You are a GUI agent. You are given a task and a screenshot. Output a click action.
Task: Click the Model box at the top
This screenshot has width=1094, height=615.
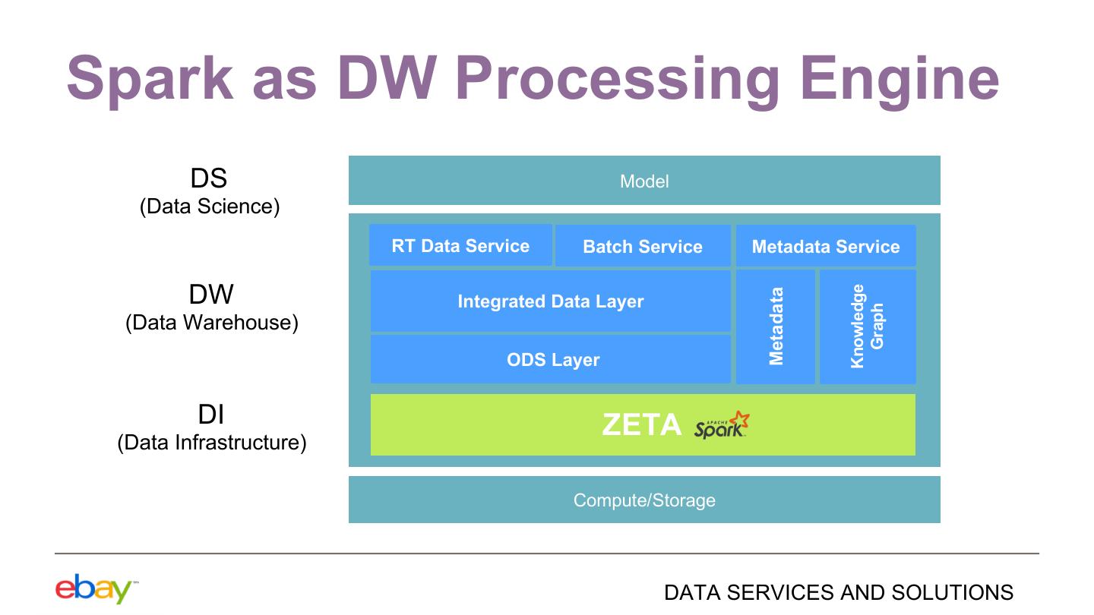(x=644, y=180)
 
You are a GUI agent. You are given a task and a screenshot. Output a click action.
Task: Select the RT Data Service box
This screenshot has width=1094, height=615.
(x=460, y=245)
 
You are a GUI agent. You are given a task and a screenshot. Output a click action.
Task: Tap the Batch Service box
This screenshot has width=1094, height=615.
(x=643, y=245)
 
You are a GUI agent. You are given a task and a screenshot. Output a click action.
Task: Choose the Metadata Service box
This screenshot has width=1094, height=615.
(x=826, y=245)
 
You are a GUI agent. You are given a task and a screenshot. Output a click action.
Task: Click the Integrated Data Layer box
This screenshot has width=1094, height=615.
(x=550, y=301)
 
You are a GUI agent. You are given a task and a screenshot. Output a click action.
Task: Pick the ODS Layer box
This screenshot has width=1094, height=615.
(x=550, y=358)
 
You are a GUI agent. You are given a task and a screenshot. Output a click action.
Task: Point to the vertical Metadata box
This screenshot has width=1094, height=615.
(x=775, y=326)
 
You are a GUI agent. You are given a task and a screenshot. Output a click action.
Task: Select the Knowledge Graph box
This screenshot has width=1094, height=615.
(x=868, y=326)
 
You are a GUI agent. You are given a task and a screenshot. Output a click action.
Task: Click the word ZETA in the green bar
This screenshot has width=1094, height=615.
(x=641, y=424)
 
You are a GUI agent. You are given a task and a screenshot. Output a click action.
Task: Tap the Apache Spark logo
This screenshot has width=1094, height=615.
(x=722, y=424)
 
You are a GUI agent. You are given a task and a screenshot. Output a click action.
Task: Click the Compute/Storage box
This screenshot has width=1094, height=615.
(x=644, y=500)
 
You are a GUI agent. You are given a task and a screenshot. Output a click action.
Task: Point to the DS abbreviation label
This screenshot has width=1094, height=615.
(x=208, y=178)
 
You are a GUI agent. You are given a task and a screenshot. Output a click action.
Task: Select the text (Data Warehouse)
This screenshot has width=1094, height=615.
(x=211, y=323)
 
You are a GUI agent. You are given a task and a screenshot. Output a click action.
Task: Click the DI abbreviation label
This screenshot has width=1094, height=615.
(x=211, y=415)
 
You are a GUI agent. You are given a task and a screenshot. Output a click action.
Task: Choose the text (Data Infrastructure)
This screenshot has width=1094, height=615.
(x=211, y=443)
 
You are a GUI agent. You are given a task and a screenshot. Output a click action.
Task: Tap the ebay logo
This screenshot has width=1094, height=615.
(x=94, y=588)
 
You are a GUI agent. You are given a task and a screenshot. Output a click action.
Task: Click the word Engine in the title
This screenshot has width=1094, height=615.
(x=900, y=79)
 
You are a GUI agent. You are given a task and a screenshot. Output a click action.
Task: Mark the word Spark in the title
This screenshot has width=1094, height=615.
(x=150, y=79)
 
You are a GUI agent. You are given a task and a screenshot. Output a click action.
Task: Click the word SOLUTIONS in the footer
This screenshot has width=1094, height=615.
(x=953, y=592)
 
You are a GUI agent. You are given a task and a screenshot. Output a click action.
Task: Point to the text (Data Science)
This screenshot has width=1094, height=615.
(x=210, y=207)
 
